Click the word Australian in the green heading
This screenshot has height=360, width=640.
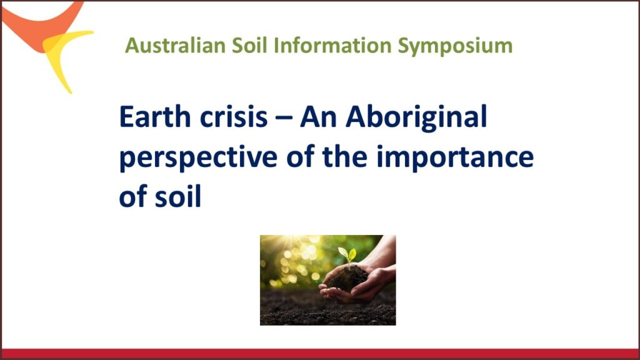coord(175,45)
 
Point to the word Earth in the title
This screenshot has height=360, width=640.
coord(155,117)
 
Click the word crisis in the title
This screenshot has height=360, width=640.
coord(234,117)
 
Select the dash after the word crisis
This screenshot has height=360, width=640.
coord(284,118)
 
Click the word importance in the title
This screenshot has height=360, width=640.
coord(455,157)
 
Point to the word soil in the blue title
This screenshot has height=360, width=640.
coord(178,197)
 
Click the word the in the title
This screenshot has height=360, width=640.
coord(344,156)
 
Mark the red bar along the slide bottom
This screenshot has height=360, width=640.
coord(320,354)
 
